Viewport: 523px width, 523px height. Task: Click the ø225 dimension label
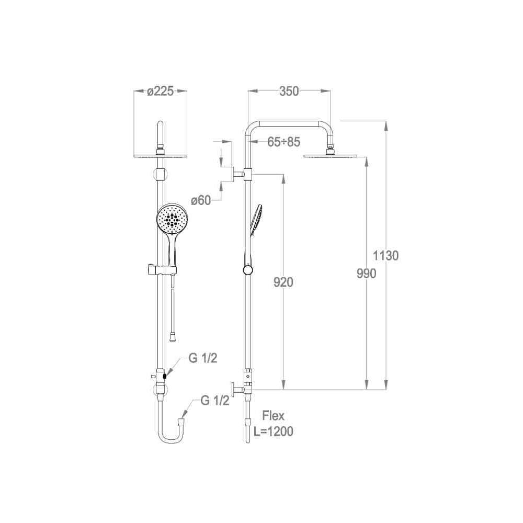pos(161,91)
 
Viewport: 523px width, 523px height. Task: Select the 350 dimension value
pos(289,91)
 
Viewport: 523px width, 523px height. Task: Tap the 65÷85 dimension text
pos(284,142)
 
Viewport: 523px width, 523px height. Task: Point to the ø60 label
pos(201,200)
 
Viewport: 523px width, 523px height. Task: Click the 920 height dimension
pos(283,282)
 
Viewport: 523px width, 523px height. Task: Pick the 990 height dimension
pos(366,274)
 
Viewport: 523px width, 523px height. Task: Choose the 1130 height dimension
pos(385,256)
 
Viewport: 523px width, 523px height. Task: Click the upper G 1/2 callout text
pos(203,358)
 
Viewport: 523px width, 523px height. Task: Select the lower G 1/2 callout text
pos(215,400)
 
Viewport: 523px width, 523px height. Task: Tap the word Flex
pos(273,416)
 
